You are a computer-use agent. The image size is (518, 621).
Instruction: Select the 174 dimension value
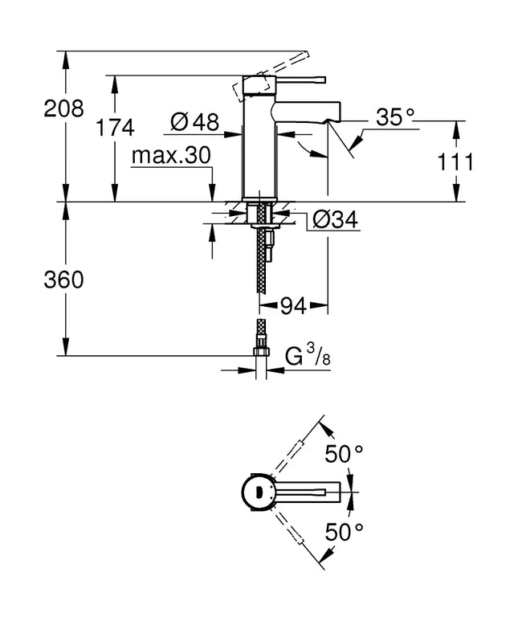pyautogui.click(x=114, y=126)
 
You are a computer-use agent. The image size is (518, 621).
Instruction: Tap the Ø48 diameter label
pyautogui.click(x=194, y=122)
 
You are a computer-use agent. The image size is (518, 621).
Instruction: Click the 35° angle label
pyautogui.click(x=395, y=118)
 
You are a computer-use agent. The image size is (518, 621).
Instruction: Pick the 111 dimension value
pyautogui.click(x=455, y=161)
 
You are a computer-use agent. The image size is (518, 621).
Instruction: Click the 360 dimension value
pyautogui.click(x=63, y=280)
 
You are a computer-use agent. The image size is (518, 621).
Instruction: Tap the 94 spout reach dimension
pyautogui.click(x=294, y=305)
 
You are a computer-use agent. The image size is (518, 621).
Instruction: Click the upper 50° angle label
pyautogui.click(x=345, y=454)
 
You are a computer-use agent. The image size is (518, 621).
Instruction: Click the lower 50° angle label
pyautogui.click(x=345, y=531)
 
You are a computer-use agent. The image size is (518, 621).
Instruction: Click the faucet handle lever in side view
pyautogui.click(x=297, y=80)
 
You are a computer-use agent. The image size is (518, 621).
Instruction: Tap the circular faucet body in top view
pyautogui.click(x=259, y=492)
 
